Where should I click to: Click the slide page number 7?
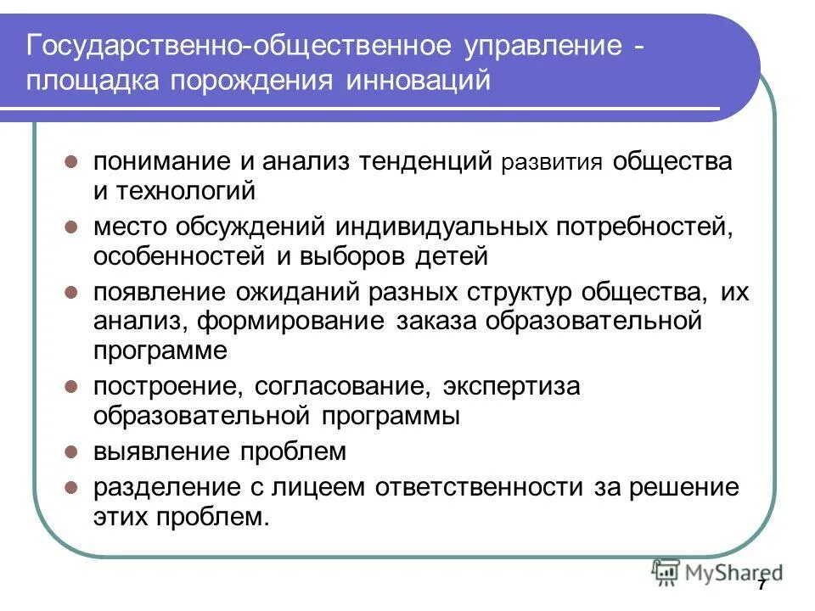[x=762, y=586]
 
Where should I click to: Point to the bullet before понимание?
[x=72, y=161]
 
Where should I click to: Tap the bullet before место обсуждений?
[x=72, y=227]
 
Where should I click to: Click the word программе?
[x=160, y=350]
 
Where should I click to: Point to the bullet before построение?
[x=72, y=387]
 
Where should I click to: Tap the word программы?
[x=391, y=416]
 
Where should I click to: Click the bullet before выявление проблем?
[x=72, y=451]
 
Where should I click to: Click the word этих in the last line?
[x=122, y=517]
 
